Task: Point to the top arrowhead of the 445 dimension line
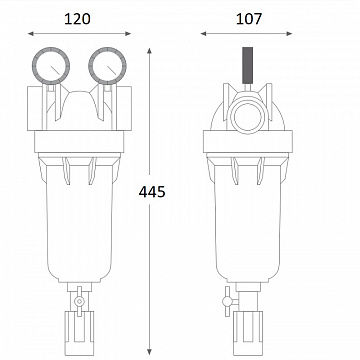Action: point(150,53)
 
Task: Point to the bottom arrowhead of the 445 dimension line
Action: point(150,346)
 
